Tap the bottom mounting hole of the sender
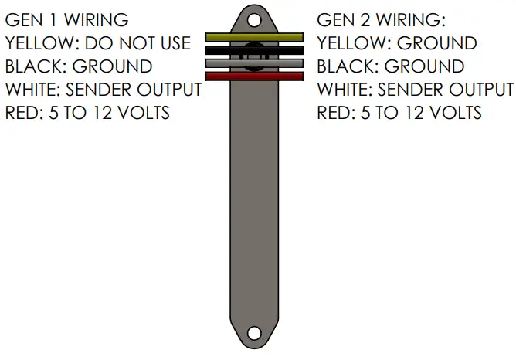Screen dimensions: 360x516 tap(254, 333)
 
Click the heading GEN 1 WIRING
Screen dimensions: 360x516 tap(67, 19)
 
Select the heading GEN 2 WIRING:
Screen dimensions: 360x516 tap(382, 19)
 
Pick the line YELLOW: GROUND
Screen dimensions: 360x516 tap(397, 43)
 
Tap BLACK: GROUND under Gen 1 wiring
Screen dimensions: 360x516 tap(79, 66)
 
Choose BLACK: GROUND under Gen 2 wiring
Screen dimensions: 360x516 tap(391, 66)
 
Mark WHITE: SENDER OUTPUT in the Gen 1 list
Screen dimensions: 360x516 tap(104, 90)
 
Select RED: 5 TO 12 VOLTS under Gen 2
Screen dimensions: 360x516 tap(399, 113)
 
